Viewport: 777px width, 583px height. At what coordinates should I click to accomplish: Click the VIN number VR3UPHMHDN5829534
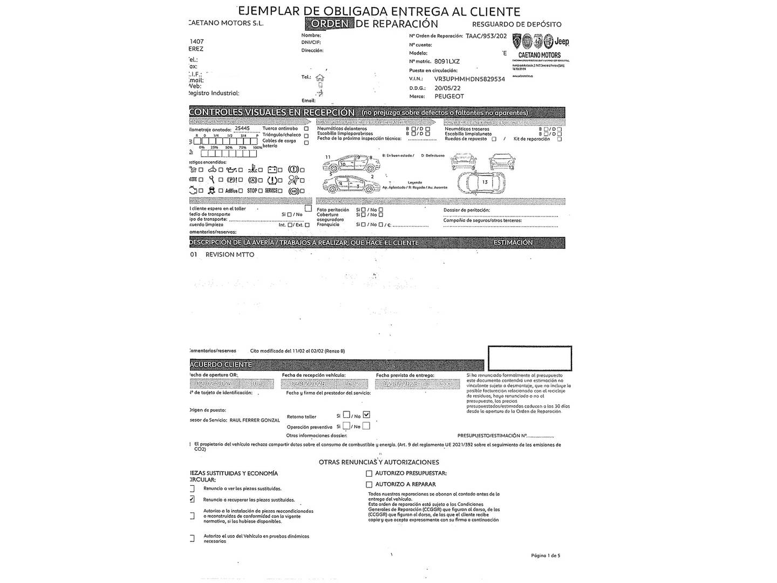tap(469, 79)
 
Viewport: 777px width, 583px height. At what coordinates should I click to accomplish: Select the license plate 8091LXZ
tap(447, 62)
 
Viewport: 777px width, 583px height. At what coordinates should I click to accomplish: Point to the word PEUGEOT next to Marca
tap(449, 96)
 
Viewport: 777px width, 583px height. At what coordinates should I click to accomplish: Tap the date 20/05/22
tap(447, 87)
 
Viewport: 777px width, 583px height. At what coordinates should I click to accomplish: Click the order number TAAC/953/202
tap(486, 36)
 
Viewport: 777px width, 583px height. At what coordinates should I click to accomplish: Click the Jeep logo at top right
tap(562, 42)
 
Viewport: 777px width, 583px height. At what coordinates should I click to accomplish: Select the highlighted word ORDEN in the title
tap(329, 24)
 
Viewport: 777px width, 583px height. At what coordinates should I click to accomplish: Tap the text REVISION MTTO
tap(230, 254)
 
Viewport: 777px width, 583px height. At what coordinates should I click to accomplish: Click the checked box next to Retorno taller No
tap(367, 415)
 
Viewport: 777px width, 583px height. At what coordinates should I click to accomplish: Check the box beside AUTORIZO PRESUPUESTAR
tap(369, 473)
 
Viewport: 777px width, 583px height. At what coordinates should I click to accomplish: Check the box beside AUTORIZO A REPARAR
tap(369, 484)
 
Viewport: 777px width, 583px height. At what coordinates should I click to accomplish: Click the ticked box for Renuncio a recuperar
tap(192, 499)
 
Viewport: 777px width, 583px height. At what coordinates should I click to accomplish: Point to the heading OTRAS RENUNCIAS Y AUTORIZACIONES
tap(379, 462)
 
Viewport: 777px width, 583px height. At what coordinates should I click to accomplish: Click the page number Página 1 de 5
tap(546, 555)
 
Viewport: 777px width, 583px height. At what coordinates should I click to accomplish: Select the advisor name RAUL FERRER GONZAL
tap(255, 420)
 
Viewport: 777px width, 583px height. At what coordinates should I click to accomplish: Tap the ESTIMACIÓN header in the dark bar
tap(513, 243)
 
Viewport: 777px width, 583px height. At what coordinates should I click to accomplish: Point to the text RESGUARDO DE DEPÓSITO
tap(516, 24)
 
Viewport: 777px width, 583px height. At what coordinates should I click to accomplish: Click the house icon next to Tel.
tap(320, 77)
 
